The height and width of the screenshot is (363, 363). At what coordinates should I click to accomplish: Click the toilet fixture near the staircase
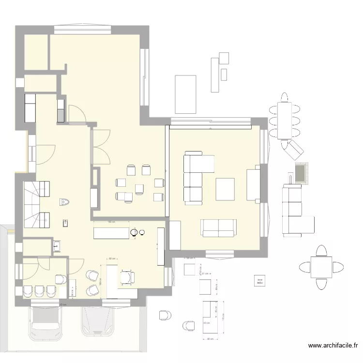[x=65, y=202]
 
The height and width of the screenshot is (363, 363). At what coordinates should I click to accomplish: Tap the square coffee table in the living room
[x=225, y=189]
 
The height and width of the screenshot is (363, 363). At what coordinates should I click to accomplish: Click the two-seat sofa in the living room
[x=219, y=227]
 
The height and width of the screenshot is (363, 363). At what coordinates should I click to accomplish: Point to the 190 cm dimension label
[x=111, y=222]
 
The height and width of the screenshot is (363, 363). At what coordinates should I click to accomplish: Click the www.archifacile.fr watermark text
[x=333, y=346]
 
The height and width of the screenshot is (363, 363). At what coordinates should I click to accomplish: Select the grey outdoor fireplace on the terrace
[x=301, y=172]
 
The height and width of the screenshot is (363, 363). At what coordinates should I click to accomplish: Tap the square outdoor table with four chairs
[x=321, y=267]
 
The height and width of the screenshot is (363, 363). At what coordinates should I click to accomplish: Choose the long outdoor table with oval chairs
[x=286, y=117]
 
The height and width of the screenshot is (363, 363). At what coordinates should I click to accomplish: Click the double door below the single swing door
[x=101, y=148]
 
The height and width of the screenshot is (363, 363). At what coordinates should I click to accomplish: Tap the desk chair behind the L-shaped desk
[x=128, y=276]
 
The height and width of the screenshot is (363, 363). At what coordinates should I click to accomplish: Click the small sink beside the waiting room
[x=57, y=246]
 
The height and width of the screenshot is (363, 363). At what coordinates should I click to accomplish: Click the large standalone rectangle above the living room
[x=185, y=94]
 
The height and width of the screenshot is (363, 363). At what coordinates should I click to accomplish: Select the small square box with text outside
[x=260, y=280]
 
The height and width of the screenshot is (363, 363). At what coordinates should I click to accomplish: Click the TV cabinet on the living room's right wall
[x=253, y=184]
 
